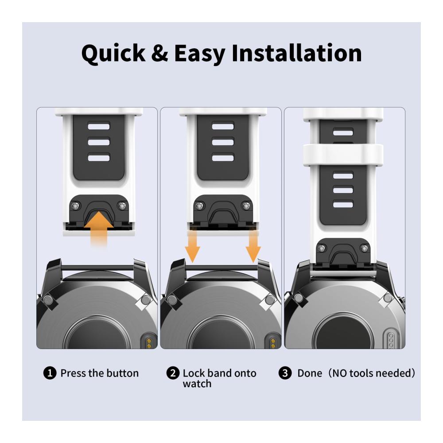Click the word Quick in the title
click(113, 54)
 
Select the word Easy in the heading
click(200, 54)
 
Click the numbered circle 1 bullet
click(50, 373)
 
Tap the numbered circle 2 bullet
click(173, 373)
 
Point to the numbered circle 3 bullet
click(285, 373)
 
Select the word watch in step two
click(197, 384)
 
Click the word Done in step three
click(310, 373)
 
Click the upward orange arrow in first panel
click(99, 229)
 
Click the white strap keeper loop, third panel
click(343, 155)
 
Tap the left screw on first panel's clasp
click(75, 206)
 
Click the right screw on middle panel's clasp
click(246, 206)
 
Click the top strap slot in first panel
click(99, 126)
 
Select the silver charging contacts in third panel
click(391, 340)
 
